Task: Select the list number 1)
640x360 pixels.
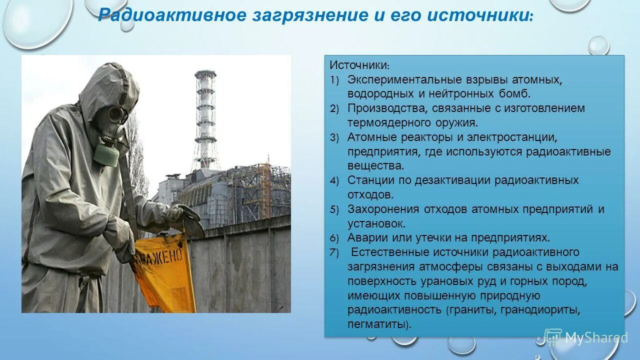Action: click(x=334, y=80)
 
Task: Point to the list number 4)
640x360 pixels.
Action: click(x=334, y=181)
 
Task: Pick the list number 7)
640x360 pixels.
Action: click(x=334, y=252)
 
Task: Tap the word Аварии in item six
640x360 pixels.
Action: click(x=366, y=237)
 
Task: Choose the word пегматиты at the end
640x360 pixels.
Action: click(x=378, y=324)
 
